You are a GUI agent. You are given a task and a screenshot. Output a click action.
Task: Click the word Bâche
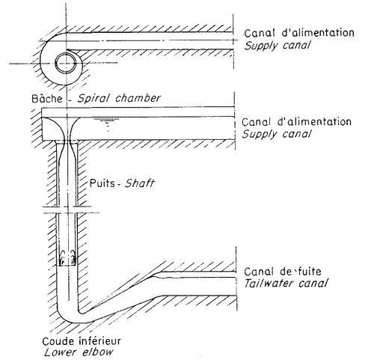click(47, 99)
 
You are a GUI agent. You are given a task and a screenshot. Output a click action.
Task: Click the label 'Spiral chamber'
click(119, 98)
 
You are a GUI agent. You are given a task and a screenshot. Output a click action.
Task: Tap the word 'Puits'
click(102, 183)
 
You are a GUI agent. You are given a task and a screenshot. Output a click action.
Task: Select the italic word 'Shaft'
click(140, 183)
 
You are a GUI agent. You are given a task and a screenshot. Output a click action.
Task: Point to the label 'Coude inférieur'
click(82, 341)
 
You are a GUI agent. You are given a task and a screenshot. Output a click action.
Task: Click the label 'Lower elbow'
click(79, 353)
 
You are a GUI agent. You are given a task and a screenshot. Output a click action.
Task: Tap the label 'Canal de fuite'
click(283, 272)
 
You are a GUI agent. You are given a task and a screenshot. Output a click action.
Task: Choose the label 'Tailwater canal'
click(286, 284)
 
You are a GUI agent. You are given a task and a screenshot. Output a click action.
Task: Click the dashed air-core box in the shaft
click(67, 257)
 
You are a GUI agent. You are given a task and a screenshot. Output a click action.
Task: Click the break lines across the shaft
click(71, 210)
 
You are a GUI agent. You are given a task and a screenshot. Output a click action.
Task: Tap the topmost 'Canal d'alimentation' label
click(299, 33)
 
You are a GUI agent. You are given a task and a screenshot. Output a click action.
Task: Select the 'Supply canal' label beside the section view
click(277, 134)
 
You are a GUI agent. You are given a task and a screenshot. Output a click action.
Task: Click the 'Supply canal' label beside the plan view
click(278, 46)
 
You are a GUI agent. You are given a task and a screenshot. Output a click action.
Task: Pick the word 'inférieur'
click(100, 341)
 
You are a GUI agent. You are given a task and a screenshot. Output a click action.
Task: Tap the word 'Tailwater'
click(269, 284)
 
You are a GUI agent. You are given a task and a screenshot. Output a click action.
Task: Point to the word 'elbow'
click(97, 353)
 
